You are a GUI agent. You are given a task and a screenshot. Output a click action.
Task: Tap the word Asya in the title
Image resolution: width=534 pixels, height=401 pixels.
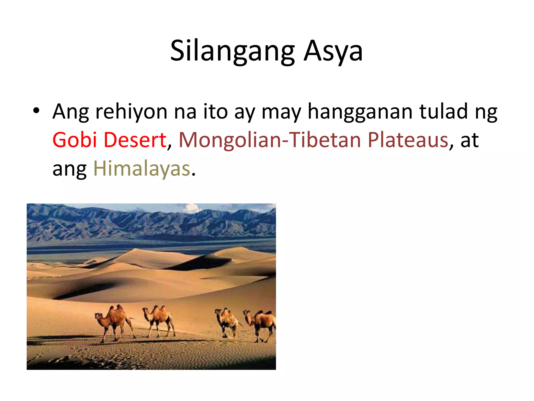pyautogui.click(x=333, y=51)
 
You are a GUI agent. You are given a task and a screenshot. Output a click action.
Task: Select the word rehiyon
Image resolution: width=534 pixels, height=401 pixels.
pyautogui.click(x=131, y=112)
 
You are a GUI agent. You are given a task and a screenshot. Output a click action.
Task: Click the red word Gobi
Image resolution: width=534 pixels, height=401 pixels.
pyautogui.click(x=75, y=140)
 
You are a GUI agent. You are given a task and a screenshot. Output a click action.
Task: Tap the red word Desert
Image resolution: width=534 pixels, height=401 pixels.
pyautogui.click(x=135, y=140)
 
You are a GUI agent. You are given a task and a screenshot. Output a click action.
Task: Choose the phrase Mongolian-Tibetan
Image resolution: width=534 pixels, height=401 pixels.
pyautogui.click(x=270, y=140)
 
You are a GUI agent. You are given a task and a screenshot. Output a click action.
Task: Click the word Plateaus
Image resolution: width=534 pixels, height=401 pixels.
pyautogui.click(x=408, y=140)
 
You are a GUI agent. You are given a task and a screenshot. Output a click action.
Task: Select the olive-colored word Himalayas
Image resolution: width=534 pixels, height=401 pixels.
pyautogui.click(x=142, y=169)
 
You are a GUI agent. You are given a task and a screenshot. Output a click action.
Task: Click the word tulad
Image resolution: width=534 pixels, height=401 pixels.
pyautogui.click(x=443, y=112)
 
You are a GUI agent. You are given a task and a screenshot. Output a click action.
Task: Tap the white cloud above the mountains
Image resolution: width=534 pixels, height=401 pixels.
pyautogui.click(x=192, y=208)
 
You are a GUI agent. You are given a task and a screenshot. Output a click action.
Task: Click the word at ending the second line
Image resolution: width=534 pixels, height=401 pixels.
pyautogui.click(x=470, y=140)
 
